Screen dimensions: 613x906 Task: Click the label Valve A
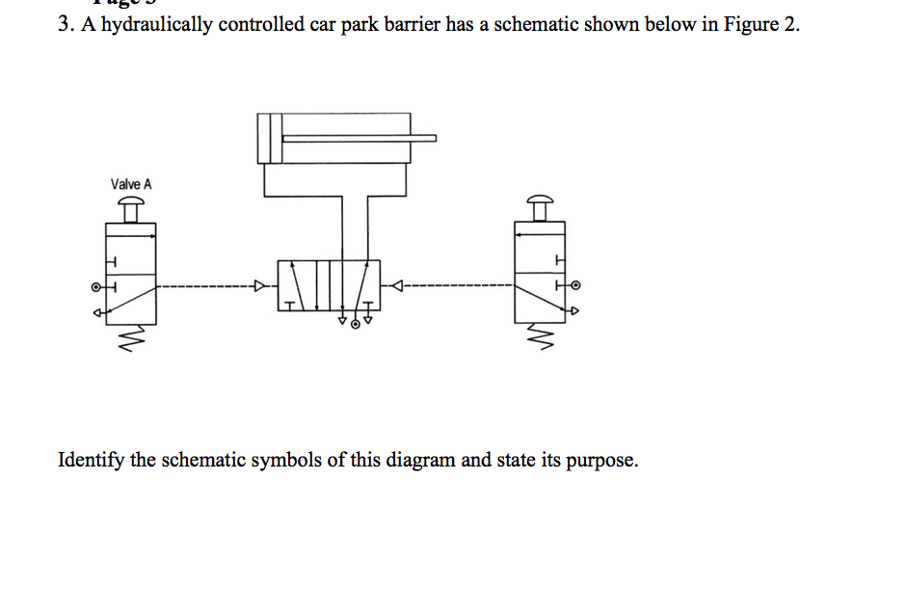tap(131, 184)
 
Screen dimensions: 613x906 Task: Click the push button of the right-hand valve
tap(543, 200)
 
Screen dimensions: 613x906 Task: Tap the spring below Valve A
tap(132, 338)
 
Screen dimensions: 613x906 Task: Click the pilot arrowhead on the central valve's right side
tap(395, 285)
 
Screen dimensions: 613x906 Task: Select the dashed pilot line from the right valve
tap(453, 285)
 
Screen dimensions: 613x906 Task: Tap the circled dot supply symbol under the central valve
tap(356, 326)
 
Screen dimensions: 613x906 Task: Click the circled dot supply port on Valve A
tap(95, 286)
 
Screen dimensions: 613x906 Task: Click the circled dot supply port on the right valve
tap(578, 286)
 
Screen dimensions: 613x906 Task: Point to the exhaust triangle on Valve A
tap(95, 310)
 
